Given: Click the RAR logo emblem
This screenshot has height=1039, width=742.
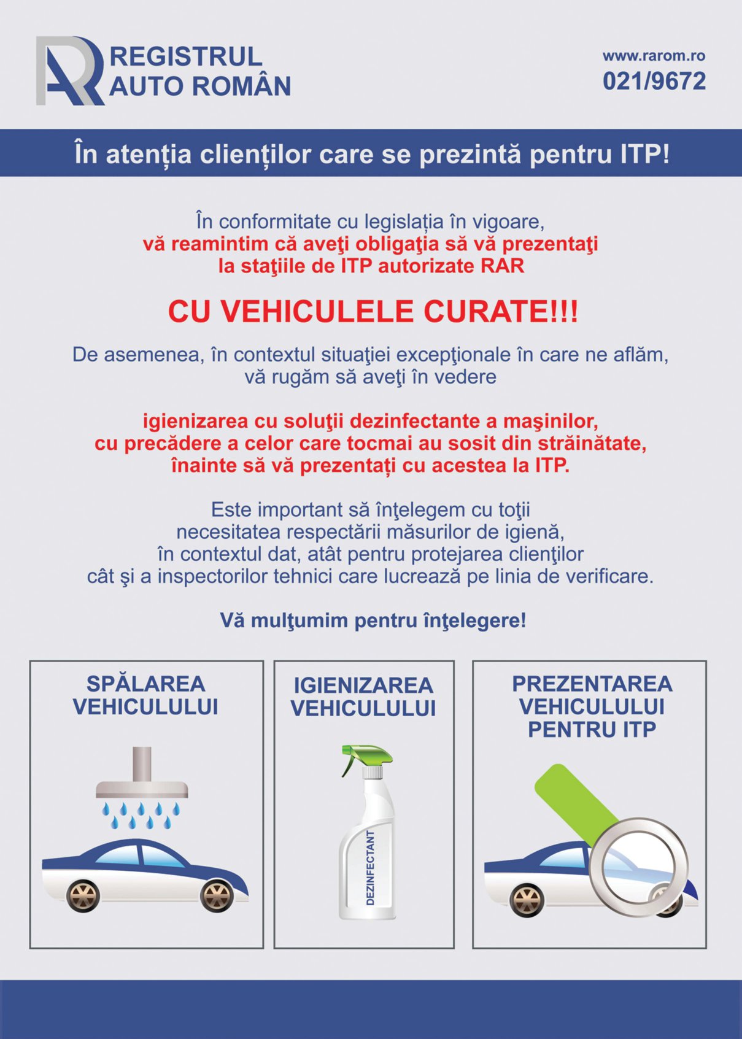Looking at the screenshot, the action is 69,71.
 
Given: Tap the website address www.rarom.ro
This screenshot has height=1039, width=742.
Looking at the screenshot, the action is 654,56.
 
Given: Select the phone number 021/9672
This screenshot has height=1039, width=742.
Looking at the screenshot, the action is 654,81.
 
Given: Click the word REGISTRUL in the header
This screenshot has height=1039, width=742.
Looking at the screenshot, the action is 186,56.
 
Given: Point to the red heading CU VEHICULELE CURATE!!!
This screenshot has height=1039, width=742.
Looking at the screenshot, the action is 373,311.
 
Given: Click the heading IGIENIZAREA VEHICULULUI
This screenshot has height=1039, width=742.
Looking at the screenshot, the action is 363,697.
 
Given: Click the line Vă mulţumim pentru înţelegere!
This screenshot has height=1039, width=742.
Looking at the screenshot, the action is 373,621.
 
